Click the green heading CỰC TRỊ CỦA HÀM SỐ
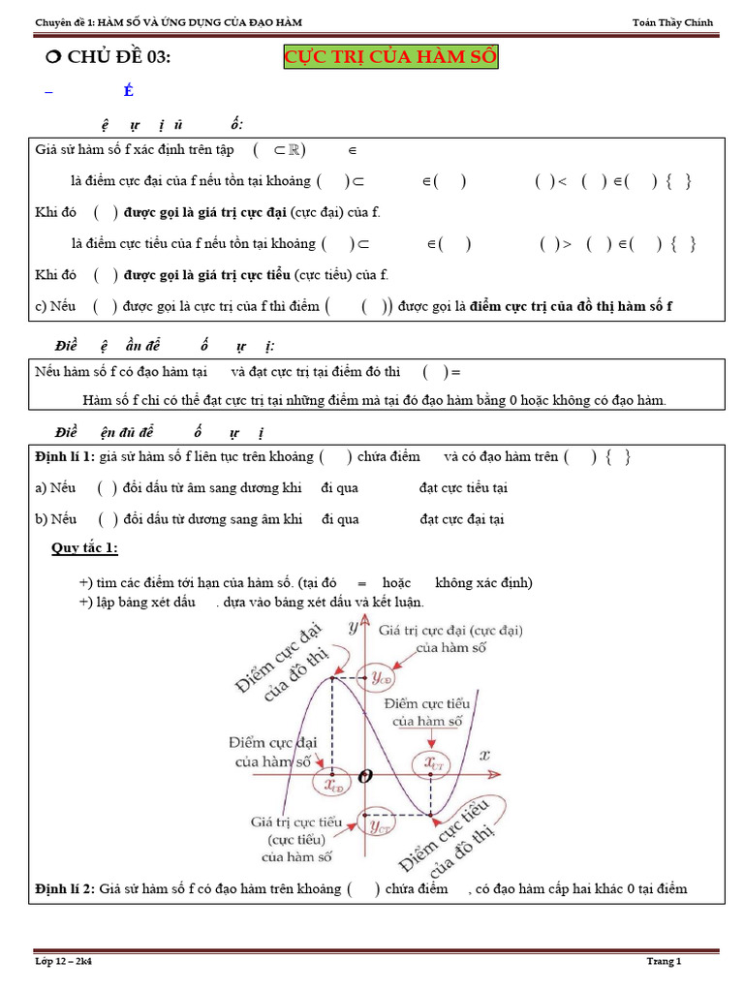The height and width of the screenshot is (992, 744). tap(390, 58)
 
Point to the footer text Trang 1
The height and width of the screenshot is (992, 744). tap(665, 961)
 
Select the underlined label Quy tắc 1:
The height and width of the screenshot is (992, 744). tap(84, 549)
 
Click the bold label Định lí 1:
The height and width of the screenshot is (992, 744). tap(64, 457)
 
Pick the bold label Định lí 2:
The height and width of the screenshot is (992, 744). tap(64, 889)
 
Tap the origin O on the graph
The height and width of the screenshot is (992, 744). tap(364, 776)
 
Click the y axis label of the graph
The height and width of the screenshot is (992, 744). tap(352, 628)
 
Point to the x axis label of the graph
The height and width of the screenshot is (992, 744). tap(484, 755)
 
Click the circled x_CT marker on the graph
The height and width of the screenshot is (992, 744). tap(432, 763)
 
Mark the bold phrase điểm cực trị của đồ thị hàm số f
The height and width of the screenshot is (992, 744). tap(571, 307)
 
